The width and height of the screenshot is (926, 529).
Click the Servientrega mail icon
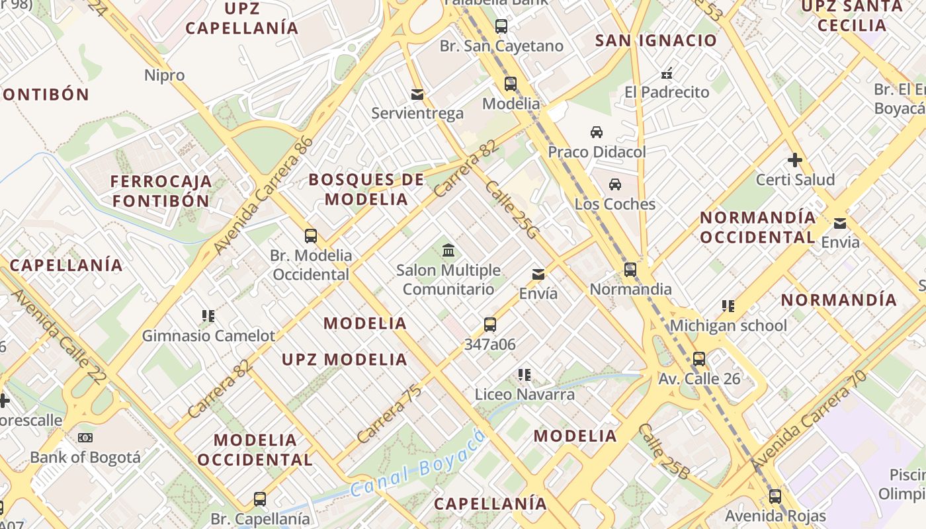point(417,95)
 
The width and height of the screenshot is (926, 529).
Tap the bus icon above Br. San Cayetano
point(501,26)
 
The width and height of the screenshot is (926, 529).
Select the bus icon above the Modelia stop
point(511,84)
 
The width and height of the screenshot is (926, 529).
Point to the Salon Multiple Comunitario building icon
point(448,251)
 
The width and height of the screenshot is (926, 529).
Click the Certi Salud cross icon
point(795,160)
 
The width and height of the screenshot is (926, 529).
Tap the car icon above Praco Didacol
point(597,132)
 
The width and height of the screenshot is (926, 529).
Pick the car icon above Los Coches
point(615,184)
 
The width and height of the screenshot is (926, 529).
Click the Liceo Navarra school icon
point(525,375)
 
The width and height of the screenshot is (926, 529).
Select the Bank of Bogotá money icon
point(85,438)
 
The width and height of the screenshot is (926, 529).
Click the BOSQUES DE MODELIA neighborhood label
point(366,189)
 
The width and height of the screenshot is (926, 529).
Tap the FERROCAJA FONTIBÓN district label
point(161,191)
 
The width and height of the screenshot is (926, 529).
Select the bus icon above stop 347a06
point(490,325)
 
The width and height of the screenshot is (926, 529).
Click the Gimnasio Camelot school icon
point(208,316)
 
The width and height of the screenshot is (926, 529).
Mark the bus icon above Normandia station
point(630,270)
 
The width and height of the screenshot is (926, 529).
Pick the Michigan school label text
point(728,325)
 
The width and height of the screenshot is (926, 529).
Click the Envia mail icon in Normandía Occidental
point(840,223)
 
